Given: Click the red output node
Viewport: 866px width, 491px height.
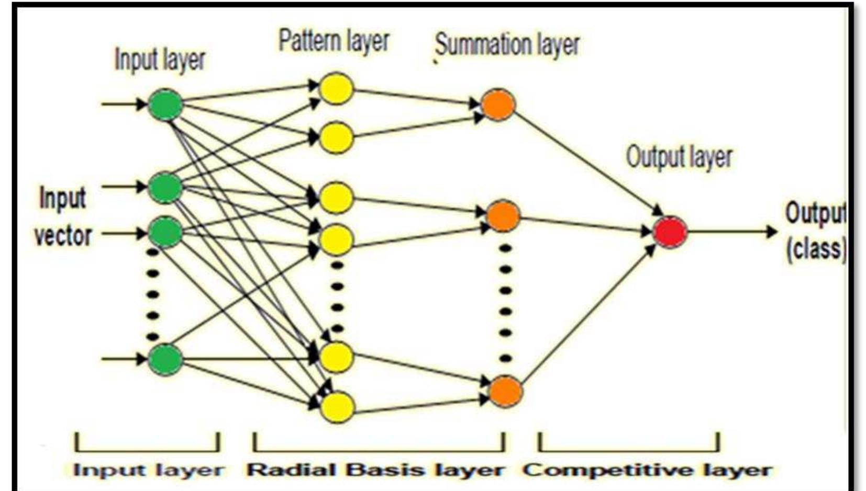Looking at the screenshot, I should pyautogui.click(x=670, y=232).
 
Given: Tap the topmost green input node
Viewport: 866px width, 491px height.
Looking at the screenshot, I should pyautogui.click(x=165, y=105).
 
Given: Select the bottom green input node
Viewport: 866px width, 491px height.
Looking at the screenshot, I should pyautogui.click(x=165, y=359).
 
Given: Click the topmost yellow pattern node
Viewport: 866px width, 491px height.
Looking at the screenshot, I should pyautogui.click(x=336, y=88).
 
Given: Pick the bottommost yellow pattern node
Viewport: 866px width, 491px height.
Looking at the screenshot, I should pyautogui.click(x=336, y=407).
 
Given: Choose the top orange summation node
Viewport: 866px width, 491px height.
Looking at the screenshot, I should pyautogui.click(x=497, y=105).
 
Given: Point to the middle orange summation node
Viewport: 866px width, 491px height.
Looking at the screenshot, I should pyautogui.click(x=503, y=215).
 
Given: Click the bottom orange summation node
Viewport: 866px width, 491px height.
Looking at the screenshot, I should pyautogui.click(x=505, y=391).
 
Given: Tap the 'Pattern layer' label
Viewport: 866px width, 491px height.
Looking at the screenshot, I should pyautogui.click(x=334, y=41).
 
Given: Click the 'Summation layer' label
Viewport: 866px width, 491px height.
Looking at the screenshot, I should pyautogui.click(x=507, y=44).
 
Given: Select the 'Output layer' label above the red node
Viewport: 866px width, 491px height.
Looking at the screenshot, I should pyautogui.click(x=679, y=157).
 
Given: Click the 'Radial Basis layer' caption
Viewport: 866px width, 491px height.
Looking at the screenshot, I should pyautogui.click(x=375, y=470).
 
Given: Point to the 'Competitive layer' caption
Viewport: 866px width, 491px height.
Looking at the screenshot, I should pyautogui.click(x=647, y=470).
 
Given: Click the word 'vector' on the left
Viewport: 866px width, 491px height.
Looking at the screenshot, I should pyautogui.click(x=63, y=236).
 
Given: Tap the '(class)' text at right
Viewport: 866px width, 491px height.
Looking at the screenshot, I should pyautogui.click(x=815, y=248).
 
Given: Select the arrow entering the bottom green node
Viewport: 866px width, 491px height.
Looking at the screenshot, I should pyautogui.click(x=124, y=359).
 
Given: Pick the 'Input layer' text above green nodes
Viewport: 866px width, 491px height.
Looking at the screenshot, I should pyautogui.click(x=160, y=60).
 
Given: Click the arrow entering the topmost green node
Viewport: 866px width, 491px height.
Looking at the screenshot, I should pyautogui.click(x=124, y=104).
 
